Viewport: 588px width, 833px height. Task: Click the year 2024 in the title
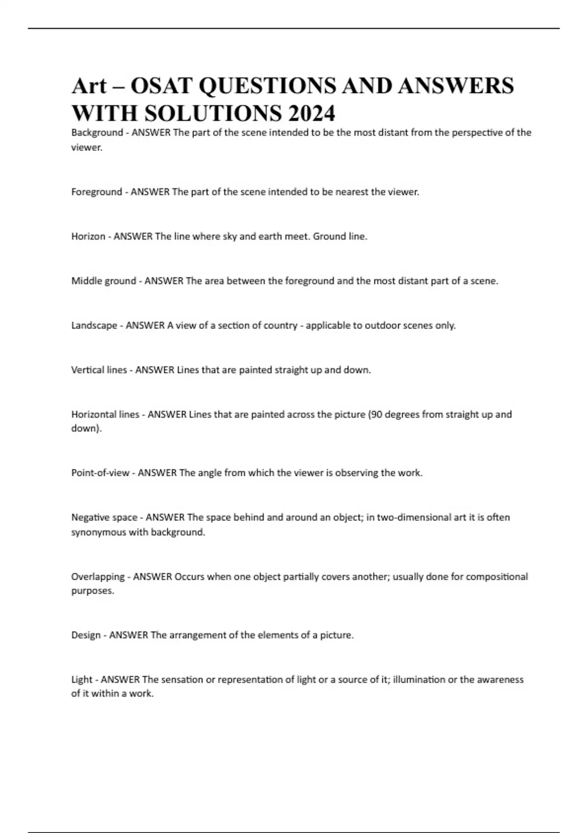point(312,113)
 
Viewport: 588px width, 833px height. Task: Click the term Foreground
point(97,192)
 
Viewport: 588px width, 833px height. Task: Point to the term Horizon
point(88,236)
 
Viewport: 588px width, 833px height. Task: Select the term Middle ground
point(103,281)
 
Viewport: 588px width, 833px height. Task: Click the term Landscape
point(94,325)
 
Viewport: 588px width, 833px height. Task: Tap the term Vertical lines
point(99,370)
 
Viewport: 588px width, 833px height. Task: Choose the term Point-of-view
point(100,473)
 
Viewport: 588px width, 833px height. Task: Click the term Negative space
point(104,517)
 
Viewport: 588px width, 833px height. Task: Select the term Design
point(86,635)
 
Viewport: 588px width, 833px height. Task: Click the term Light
point(81,680)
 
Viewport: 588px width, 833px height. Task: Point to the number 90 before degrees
point(376,415)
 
